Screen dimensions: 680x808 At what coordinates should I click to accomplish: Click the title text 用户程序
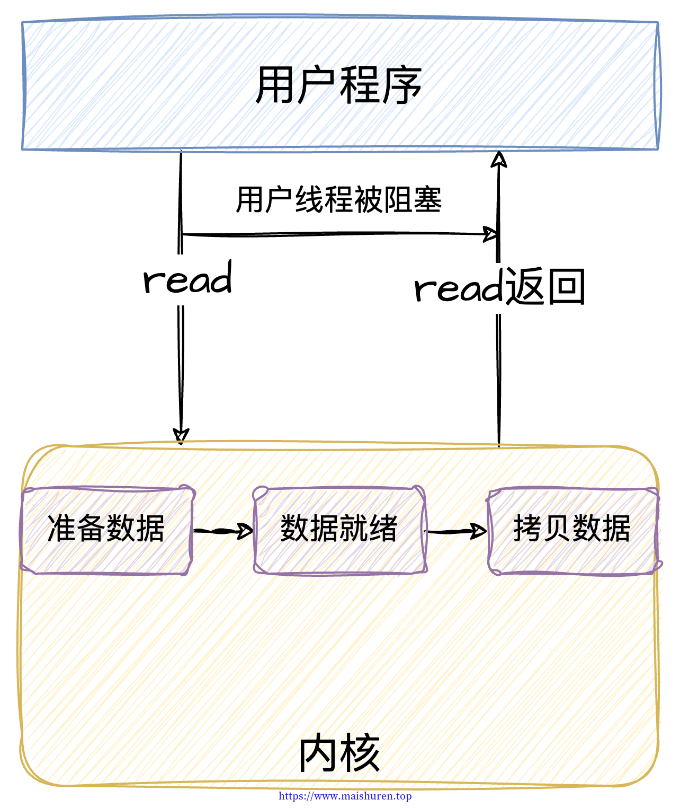(338, 85)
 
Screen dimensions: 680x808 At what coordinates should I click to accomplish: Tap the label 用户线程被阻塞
(338, 200)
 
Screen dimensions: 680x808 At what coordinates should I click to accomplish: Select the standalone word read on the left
(187, 277)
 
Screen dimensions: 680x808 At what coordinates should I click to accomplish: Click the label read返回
(499, 286)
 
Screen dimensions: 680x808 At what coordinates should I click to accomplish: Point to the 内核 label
(339, 753)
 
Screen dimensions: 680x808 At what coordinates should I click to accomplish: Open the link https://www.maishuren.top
(345, 796)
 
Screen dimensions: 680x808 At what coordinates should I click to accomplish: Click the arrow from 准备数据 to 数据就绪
(223, 531)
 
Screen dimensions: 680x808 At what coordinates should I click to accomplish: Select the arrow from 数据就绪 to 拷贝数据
(456, 531)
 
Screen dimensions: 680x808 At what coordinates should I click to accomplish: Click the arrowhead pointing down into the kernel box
(181, 436)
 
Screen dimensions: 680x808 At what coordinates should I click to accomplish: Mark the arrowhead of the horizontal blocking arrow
(490, 234)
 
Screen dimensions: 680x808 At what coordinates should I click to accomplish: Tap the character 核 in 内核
(360, 753)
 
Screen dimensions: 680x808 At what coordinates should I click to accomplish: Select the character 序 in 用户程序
(401, 85)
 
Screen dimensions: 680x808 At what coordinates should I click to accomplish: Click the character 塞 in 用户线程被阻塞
(427, 200)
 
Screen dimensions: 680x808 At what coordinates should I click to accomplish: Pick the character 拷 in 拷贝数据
(527, 528)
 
